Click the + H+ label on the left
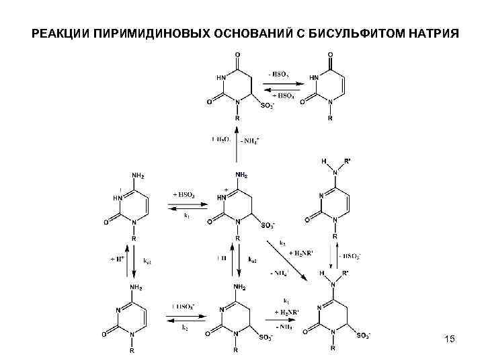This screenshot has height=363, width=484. [x=116, y=259]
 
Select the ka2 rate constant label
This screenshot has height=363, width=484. [x=253, y=259]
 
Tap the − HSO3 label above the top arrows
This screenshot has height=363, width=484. [x=279, y=74]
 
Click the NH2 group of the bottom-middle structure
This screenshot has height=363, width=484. [x=241, y=288]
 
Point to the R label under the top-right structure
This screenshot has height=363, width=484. [x=329, y=118]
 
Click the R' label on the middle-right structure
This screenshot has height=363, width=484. [x=348, y=162]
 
